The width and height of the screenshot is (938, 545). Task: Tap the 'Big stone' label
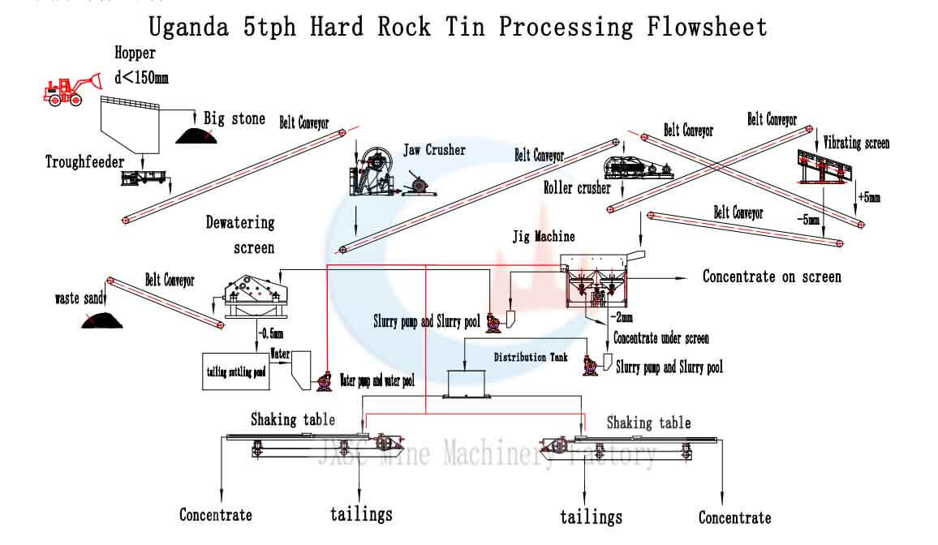click(x=234, y=119)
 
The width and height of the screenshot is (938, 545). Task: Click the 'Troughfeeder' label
click(x=84, y=162)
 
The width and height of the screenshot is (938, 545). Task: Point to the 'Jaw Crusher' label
click(x=435, y=150)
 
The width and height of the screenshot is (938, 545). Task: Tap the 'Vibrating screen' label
click(x=856, y=144)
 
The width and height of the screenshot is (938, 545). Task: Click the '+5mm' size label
click(x=868, y=197)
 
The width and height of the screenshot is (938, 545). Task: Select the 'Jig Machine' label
click(x=543, y=237)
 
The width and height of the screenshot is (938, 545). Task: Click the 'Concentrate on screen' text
click(x=772, y=277)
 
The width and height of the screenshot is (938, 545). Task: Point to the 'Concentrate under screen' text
click(x=660, y=338)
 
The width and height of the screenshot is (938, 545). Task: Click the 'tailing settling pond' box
click(x=235, y=371)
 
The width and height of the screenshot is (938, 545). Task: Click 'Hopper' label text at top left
click(x=135, y=54)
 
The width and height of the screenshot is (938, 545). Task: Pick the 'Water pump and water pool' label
click(x=377, y=380)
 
